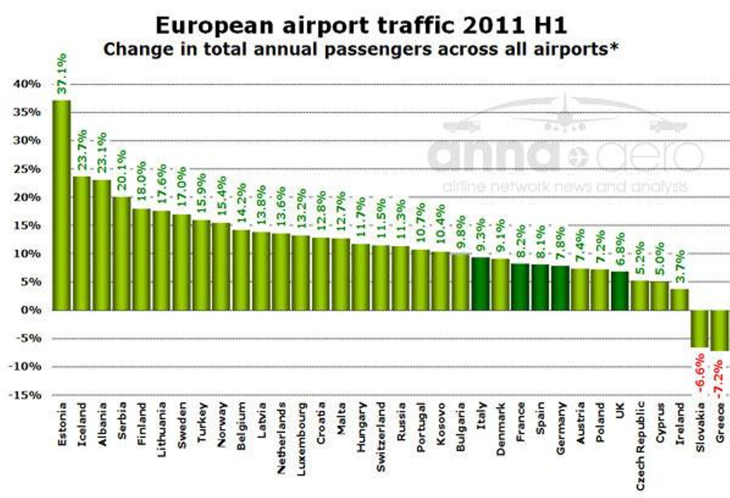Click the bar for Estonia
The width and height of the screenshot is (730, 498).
tap(61, 205)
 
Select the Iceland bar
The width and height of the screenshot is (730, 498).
tap(81, 243)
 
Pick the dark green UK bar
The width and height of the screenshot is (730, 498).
tap(620, 291)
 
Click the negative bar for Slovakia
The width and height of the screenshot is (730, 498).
tap(699, 329)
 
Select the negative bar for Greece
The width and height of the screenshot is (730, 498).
tap(720, 330)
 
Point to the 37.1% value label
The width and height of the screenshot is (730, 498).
tap(62, 74)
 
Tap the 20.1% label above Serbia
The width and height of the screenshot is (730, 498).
tap(122, 170)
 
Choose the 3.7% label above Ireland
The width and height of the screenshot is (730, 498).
tap(680, 266)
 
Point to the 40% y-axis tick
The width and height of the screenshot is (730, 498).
tap(27, 84)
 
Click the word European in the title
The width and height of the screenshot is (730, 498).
tap(214, 26)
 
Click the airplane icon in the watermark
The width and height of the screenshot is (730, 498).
tap(565, 114)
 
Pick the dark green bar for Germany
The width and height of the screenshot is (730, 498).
tap(560, 288)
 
